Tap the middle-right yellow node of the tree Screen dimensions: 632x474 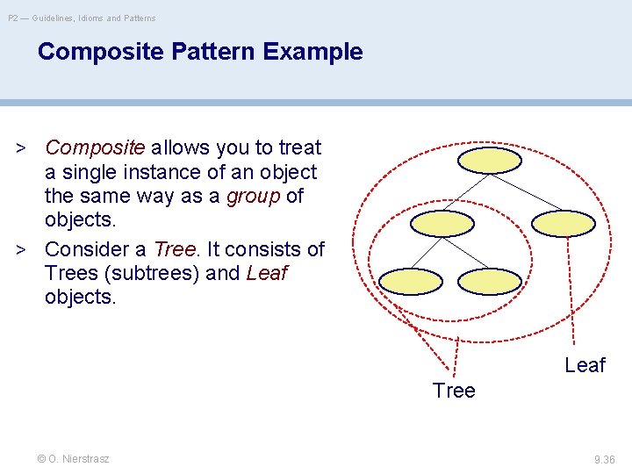564,223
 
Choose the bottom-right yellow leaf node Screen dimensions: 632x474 490,280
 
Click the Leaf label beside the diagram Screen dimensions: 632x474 585,365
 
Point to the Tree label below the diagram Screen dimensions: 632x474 454,391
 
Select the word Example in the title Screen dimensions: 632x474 312,52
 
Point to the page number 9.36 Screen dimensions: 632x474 604,459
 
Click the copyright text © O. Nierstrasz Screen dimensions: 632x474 73,459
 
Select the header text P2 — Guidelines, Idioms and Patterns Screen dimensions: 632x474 82,18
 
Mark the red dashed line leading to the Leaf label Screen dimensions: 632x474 571,298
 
